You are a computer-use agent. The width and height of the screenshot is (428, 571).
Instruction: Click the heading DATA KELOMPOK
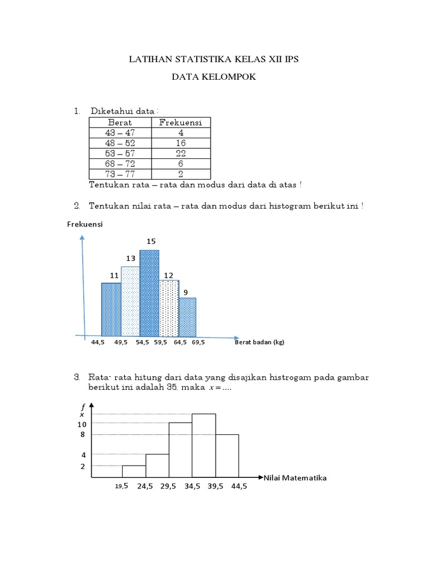click(213, 78)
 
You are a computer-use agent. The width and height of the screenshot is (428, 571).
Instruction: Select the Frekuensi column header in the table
click(181, 123)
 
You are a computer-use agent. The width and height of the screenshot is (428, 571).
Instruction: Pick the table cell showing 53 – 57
click(120, 153)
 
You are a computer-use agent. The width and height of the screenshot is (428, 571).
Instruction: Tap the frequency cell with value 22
click(181, 153)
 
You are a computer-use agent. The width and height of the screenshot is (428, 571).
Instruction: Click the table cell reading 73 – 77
click(120, 174)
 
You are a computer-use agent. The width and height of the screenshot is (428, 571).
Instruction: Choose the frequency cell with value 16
click(181, 143)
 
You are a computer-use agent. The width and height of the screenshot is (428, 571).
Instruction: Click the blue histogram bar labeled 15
click(149, 293)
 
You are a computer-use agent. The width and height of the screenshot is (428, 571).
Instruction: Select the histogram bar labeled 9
click(187, 317)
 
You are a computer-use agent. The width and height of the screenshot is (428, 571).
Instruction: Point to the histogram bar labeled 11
click(111, 309)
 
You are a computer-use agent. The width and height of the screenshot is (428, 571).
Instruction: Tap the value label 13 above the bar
click(130, 258)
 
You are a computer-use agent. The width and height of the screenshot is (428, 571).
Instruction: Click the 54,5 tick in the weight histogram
click(143, 343)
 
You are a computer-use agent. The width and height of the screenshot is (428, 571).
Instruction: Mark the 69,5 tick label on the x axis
click(198, 343)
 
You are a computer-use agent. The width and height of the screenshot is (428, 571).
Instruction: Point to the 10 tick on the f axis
click(82, 424)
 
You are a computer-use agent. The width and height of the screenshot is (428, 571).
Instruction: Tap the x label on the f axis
click(81, 414)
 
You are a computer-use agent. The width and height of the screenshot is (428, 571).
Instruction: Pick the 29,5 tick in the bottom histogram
click(168, 486)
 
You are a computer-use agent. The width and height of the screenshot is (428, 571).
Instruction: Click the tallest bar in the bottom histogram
click(204, 445)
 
